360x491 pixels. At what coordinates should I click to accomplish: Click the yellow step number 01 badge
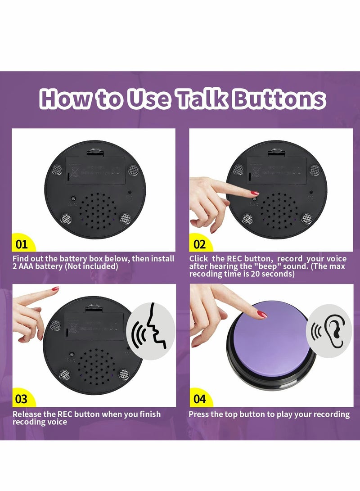pyautogui.click(x=22, y=244)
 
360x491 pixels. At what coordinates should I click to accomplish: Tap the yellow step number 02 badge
pyautogui.click(x=199, y=244)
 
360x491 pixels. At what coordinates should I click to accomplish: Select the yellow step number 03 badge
pyautogui.click(x=22, y=399)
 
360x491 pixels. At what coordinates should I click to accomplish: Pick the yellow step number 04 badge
pyautogui.click(x=199, y=399)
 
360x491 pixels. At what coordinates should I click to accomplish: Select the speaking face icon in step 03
pyautogui.click(x=151, y=332)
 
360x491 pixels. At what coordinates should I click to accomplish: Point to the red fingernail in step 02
pyautogui.click(x=255, y=193)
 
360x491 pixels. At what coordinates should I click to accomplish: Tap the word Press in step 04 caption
pyautogui.click(x=199, y=414)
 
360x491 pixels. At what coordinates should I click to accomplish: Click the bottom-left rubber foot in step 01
pyautogui.click(x=67, y=219)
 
